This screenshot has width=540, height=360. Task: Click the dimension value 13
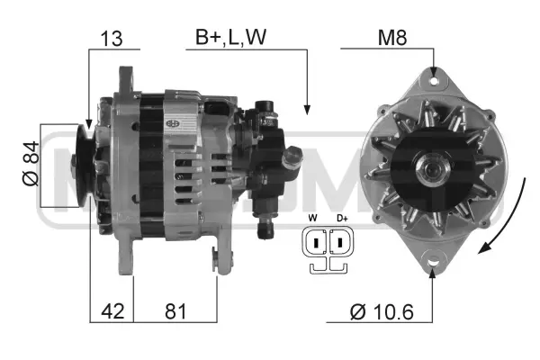tap(113, 39)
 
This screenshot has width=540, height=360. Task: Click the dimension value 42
tap(111, 311)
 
